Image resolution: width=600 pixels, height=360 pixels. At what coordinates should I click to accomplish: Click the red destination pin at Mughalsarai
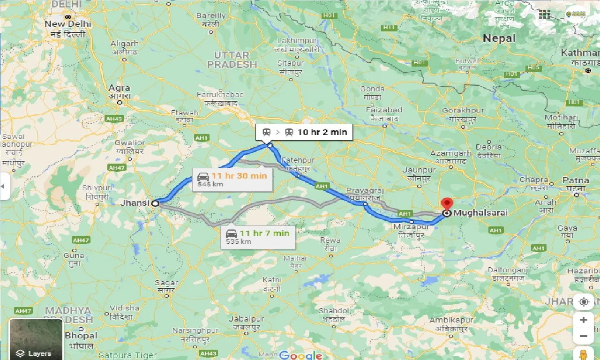[x=447, y=204]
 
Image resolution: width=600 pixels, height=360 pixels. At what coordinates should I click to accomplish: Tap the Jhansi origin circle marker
[x=155, y=203]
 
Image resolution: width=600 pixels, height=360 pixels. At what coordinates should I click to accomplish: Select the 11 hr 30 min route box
[x=232, y=179]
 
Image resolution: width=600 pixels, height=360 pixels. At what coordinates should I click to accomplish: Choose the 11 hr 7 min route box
[x=257, y=237]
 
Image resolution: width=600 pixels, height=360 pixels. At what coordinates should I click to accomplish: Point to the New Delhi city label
[x=68, y=24]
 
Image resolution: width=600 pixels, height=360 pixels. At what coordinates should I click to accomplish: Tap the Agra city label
[x=119, y=88]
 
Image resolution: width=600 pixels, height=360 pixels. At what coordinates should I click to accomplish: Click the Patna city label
[x=576, y=180]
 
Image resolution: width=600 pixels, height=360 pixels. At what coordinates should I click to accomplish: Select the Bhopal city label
[x=81, y=336]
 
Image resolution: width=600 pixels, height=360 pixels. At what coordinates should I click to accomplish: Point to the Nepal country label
[x=499, y=38]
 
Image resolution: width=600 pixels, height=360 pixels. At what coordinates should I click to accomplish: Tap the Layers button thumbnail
[x=36, y=339]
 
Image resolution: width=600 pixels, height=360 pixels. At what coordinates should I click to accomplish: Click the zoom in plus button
[x=584, y=320]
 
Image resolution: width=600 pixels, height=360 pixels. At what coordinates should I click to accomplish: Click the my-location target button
[x=584, y=301]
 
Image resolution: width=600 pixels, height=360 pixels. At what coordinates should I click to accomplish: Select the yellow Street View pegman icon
[x=584, y=354]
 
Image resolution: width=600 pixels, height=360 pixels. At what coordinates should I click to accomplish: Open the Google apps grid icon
[x=544, y=14]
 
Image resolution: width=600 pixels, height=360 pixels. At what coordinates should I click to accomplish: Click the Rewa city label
[x=330, y=240]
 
